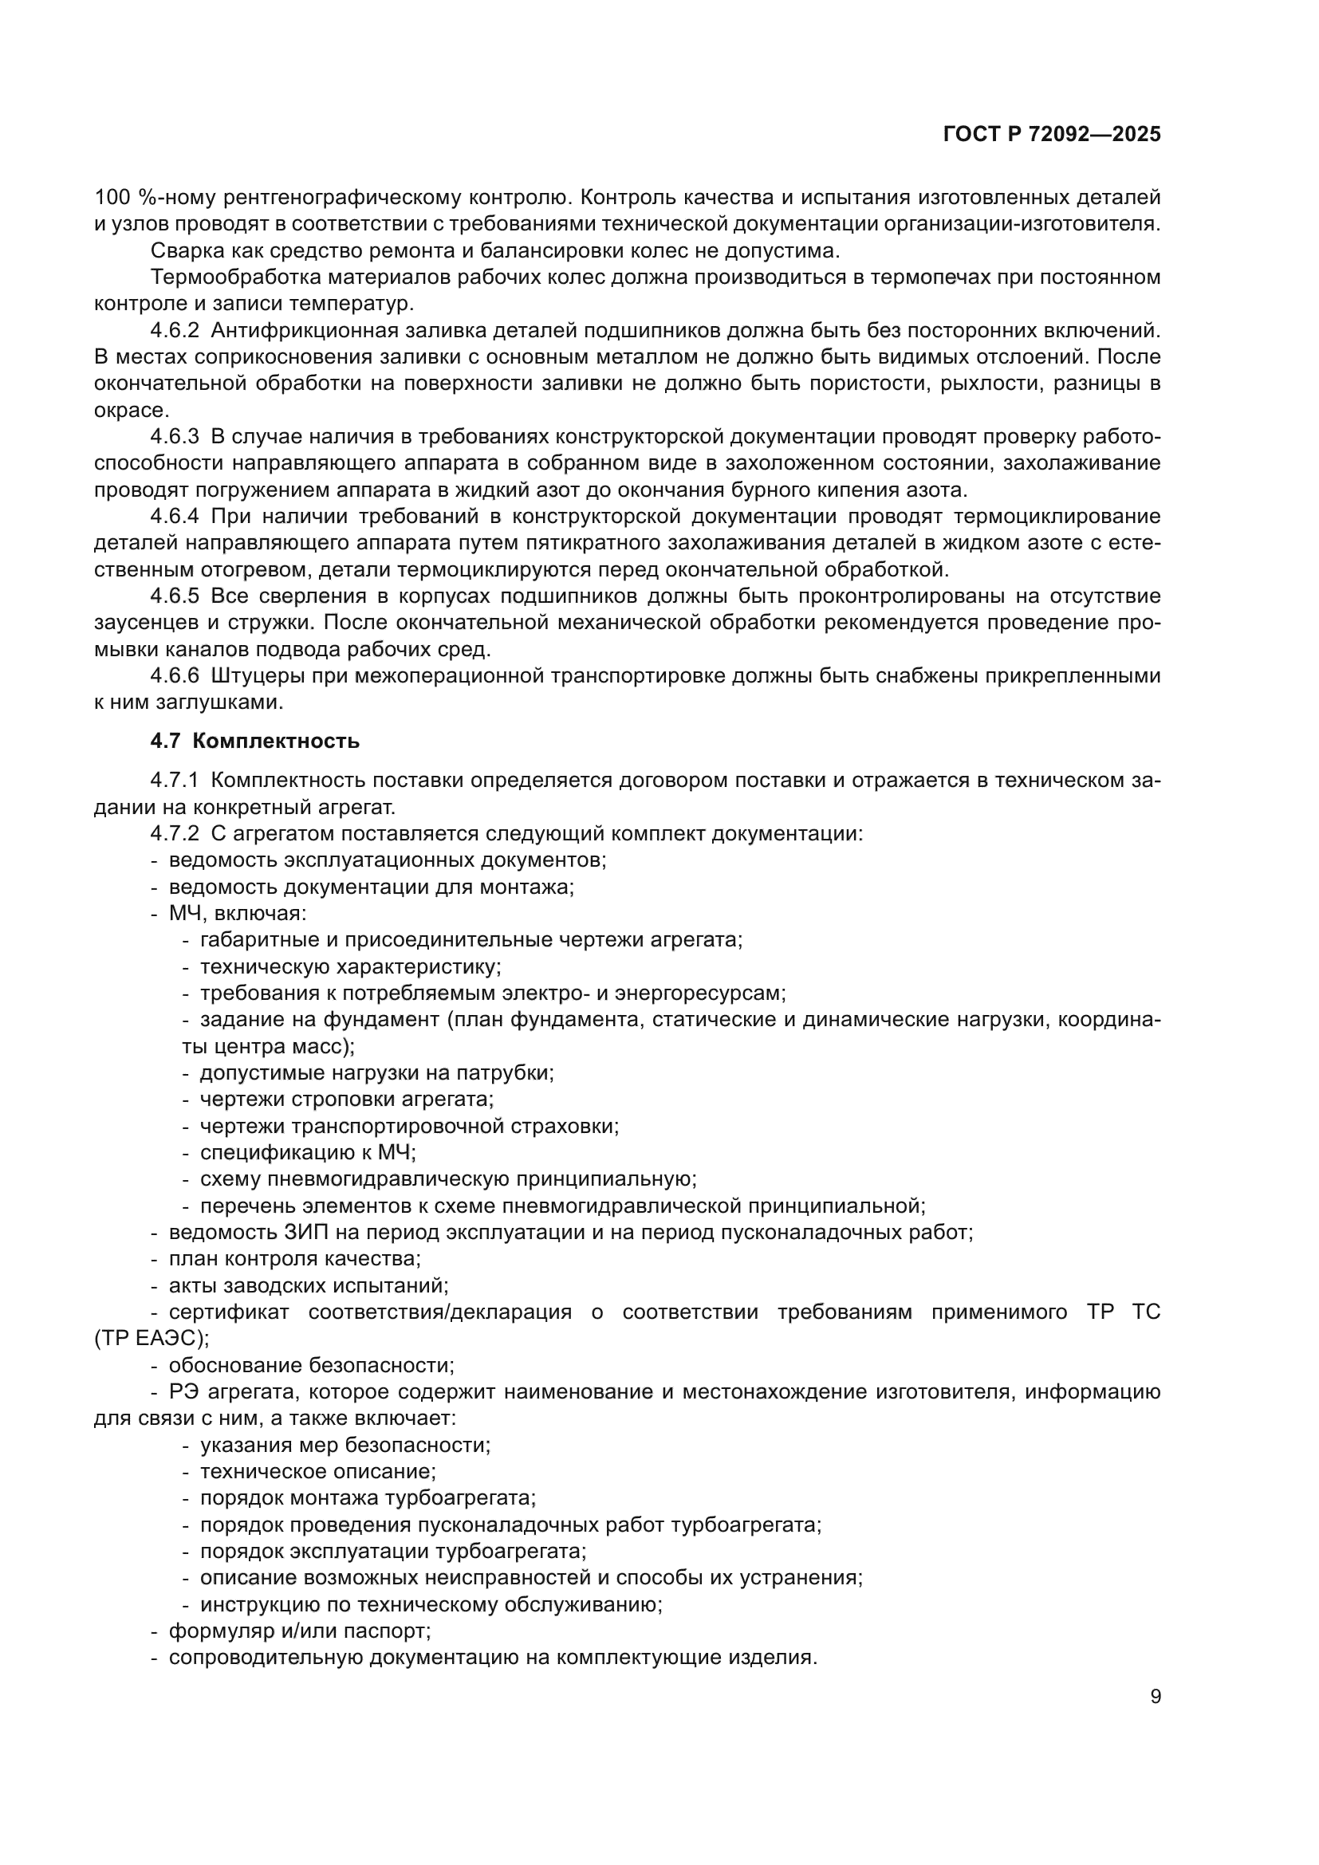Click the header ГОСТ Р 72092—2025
point(1052,135)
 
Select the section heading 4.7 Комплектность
point(254,741)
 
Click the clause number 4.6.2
point(175,331)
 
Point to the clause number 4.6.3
point(175,437)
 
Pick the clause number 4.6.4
point(175,517)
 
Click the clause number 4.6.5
point(175,596)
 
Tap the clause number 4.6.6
point(175,676)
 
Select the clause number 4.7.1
point(175,781)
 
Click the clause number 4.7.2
point(175,834)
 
